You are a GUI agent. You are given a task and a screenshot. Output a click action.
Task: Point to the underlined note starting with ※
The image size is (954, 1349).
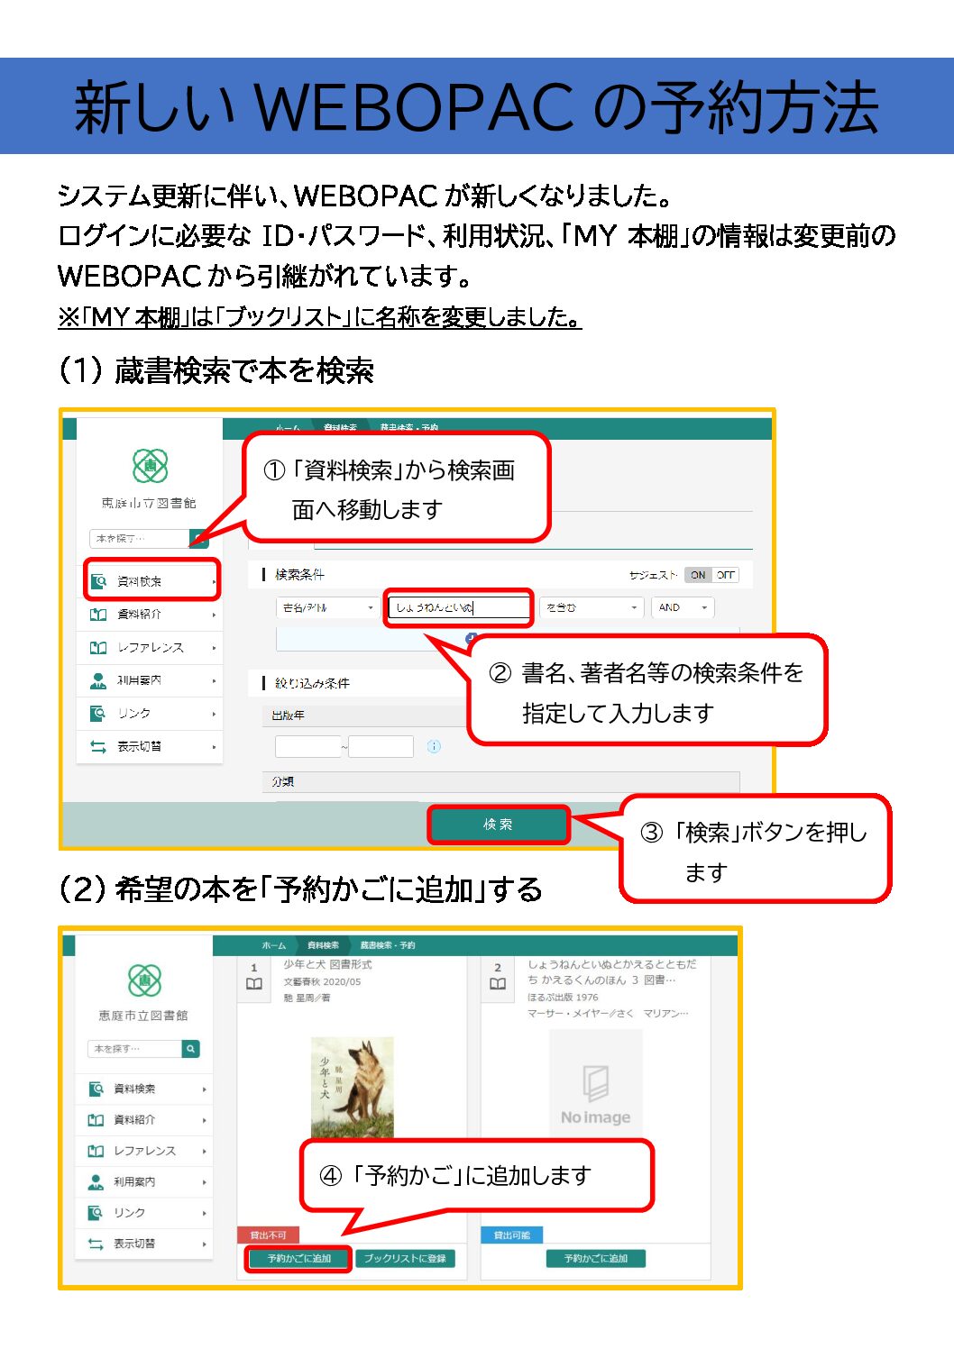tap(319, 317)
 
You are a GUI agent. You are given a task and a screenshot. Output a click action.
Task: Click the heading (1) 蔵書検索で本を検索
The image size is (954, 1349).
tap(216, 370)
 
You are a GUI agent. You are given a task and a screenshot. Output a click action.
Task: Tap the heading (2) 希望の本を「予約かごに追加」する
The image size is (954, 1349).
tap(300, 889)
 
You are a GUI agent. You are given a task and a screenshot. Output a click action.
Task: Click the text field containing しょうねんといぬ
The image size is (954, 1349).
tap(459, 607)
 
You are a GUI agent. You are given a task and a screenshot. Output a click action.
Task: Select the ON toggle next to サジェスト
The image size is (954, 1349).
tap(698, 575)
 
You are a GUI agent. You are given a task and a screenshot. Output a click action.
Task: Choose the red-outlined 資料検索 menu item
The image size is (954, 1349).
tap(151, 581)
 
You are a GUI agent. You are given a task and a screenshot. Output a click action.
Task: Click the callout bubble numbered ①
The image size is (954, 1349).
tap(397, 488)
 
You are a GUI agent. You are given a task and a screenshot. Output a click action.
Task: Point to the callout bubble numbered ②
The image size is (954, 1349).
tap(647, 691)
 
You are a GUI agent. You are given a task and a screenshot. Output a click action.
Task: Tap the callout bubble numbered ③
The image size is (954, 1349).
tap(754, 850)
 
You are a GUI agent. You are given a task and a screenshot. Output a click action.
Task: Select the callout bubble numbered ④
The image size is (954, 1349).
tap(475, 1175)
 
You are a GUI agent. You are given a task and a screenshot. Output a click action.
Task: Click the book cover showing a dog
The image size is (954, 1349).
tap(352, 1086)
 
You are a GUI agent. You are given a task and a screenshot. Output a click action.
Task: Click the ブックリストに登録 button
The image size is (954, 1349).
tap(405, 1258)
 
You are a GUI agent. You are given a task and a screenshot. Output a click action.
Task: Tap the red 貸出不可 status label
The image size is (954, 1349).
tap(268, 1235)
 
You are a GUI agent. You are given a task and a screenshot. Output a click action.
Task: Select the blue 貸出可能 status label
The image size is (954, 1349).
tap(511, 1235)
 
